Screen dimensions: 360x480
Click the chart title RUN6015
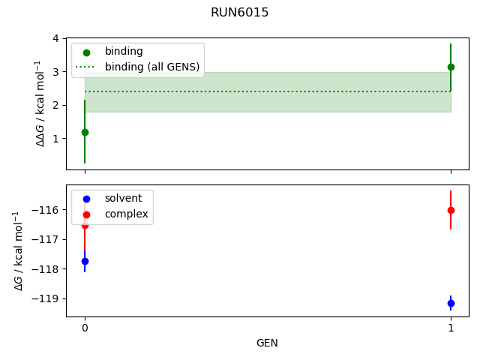pyautogui.click(x=240, y=13)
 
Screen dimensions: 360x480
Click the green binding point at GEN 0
pyautogui.click(x=85, y=132)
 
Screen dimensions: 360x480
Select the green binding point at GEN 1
pyautogui.click(x=451, y=67)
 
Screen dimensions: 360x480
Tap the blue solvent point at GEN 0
pyautogui.click(x=85, y=261)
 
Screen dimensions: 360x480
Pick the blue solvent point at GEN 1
pyautogui.click(x=451, y=303)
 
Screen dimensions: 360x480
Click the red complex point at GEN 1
pyautogui.click(x=451, y=210)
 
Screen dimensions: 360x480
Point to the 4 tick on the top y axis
pyautogui.click(x=55, y=39)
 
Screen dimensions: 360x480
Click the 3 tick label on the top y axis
pyautogui.click(x=55, y=72)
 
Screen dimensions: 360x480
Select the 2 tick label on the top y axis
pyautogui.click(x=55, y=105)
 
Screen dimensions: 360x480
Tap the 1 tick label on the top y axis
pyautogui.click(x=55, y=138)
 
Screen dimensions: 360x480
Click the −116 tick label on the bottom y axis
pyautogui.click(x=46, y=210)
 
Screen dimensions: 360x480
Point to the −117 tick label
pyautogui.click(x=46, y=239)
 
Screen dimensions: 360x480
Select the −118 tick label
pyautogui.click(x=46, y=268)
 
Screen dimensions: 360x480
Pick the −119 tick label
pyautogui.click(x=46, y=298)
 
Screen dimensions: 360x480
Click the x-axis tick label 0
pyautogui.click(x=85, y=328)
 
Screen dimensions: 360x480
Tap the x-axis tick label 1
pyautogui.click(x=451, y=328)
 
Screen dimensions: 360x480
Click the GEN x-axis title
pyautogui.click(x=267, y=343)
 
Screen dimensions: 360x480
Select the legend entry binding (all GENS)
pyautogui.click(x=152, y=67)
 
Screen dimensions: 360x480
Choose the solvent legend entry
pyautogui.click(x=123, y=199)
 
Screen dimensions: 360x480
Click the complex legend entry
pyautogui.click(x=126, y=214)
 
